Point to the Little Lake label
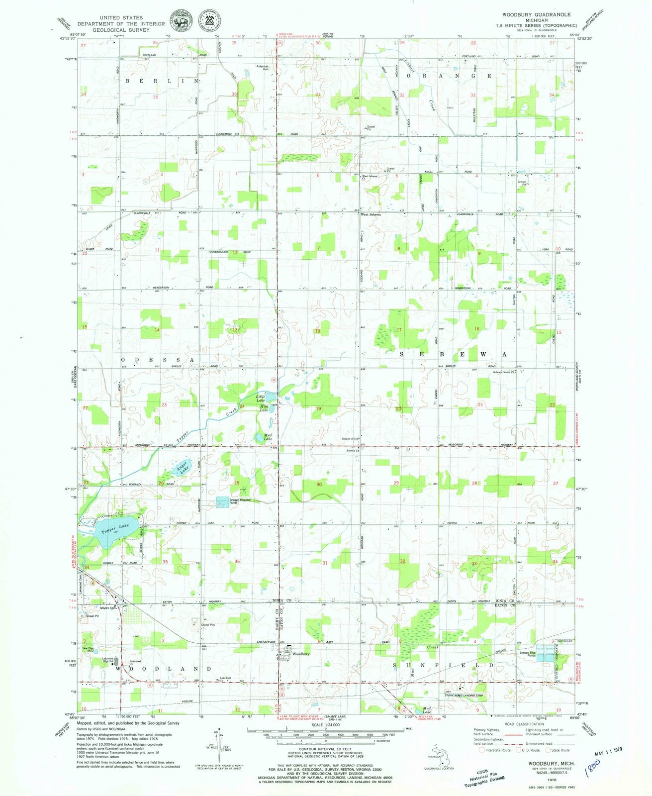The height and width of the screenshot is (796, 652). coord(261,398)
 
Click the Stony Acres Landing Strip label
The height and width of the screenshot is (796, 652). coord(465,696)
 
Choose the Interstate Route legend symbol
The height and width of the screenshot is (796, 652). coord(481,750)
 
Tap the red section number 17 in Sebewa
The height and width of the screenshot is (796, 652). coord(399,330)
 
